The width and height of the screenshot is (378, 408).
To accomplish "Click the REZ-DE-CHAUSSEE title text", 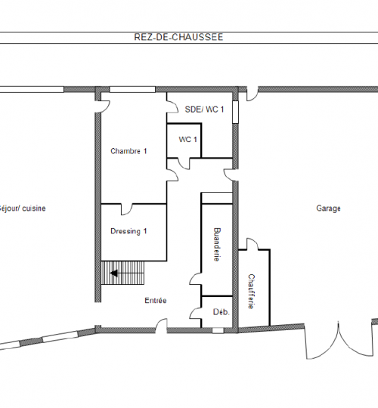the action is (178, 37).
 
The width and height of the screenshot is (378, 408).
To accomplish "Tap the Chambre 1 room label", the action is (129, 151).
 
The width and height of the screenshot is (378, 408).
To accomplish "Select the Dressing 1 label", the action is (129, 231).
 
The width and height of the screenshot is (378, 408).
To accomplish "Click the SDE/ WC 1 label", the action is (204, 110).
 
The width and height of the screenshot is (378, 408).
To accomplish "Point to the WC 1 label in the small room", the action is (187, 140).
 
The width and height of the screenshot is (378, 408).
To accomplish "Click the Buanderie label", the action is (217, 244).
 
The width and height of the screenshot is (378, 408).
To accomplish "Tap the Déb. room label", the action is (222, 312).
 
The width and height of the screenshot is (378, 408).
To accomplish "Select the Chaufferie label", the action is (251, 292).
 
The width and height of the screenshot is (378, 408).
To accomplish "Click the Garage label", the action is (328, 209).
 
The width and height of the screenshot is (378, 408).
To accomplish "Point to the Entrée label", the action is (156, 300).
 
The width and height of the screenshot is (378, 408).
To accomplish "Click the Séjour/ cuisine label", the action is (23, 209).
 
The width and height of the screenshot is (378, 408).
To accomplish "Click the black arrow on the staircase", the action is (114, 274).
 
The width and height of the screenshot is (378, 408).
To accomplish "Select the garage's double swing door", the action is (339, 341).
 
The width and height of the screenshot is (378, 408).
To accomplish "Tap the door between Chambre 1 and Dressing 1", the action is (127, 209).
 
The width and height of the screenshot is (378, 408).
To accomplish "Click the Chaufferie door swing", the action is (253, 244).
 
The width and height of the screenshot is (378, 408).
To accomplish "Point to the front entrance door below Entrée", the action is (161, 325).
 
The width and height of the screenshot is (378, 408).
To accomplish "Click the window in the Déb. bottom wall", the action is (218, 330).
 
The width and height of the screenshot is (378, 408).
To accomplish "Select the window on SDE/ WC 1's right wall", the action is (235, 112).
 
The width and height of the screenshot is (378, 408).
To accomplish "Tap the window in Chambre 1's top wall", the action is (132, 89).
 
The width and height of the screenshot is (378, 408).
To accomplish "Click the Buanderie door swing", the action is (195, 279).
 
